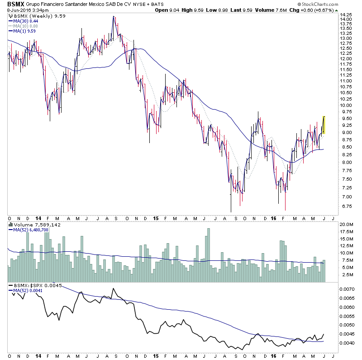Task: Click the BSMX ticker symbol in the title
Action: point(10,4)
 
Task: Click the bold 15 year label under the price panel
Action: point(155,218)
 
